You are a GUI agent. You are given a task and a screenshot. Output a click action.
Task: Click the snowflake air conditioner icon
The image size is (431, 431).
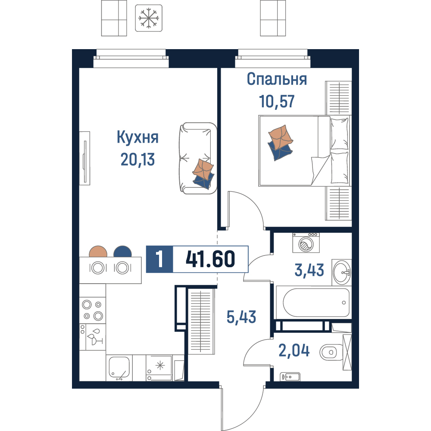[149, 18]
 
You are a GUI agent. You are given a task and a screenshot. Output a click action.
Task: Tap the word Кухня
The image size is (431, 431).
[138, 137]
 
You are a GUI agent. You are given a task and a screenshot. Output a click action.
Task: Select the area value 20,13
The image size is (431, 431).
[138, 159]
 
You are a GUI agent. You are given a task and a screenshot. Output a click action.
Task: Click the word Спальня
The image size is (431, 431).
[277, 79]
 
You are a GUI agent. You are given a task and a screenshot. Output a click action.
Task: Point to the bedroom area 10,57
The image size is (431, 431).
[277, 101]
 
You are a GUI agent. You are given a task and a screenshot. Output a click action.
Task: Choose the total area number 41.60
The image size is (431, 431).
[211, 259]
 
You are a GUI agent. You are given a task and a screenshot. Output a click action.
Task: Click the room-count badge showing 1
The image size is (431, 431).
[159, 259]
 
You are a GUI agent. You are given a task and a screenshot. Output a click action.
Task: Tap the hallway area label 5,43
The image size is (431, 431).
[241, 317]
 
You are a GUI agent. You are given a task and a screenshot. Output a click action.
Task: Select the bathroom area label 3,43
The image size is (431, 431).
[309, 270]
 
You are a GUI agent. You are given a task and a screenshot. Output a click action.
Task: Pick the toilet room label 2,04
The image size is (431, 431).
[294, 351]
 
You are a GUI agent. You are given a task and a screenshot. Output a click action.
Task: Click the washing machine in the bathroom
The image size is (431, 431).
[306, 243]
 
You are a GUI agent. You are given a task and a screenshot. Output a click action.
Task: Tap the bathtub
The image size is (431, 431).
[314, 303]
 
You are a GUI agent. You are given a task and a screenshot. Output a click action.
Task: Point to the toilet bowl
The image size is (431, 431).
[331, 352]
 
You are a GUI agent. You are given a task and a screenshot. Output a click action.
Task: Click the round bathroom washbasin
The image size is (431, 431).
[342, 272]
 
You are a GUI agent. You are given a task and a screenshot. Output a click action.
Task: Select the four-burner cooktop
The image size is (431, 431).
[93, 310]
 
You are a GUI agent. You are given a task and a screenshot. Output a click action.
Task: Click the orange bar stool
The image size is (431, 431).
[98, 252]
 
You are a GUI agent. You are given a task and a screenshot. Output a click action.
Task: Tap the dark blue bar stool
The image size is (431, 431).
[122, 252]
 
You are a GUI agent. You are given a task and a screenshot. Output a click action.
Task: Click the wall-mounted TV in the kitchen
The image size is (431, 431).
[85, 158]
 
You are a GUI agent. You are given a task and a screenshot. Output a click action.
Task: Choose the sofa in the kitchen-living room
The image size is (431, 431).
[198, 158]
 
